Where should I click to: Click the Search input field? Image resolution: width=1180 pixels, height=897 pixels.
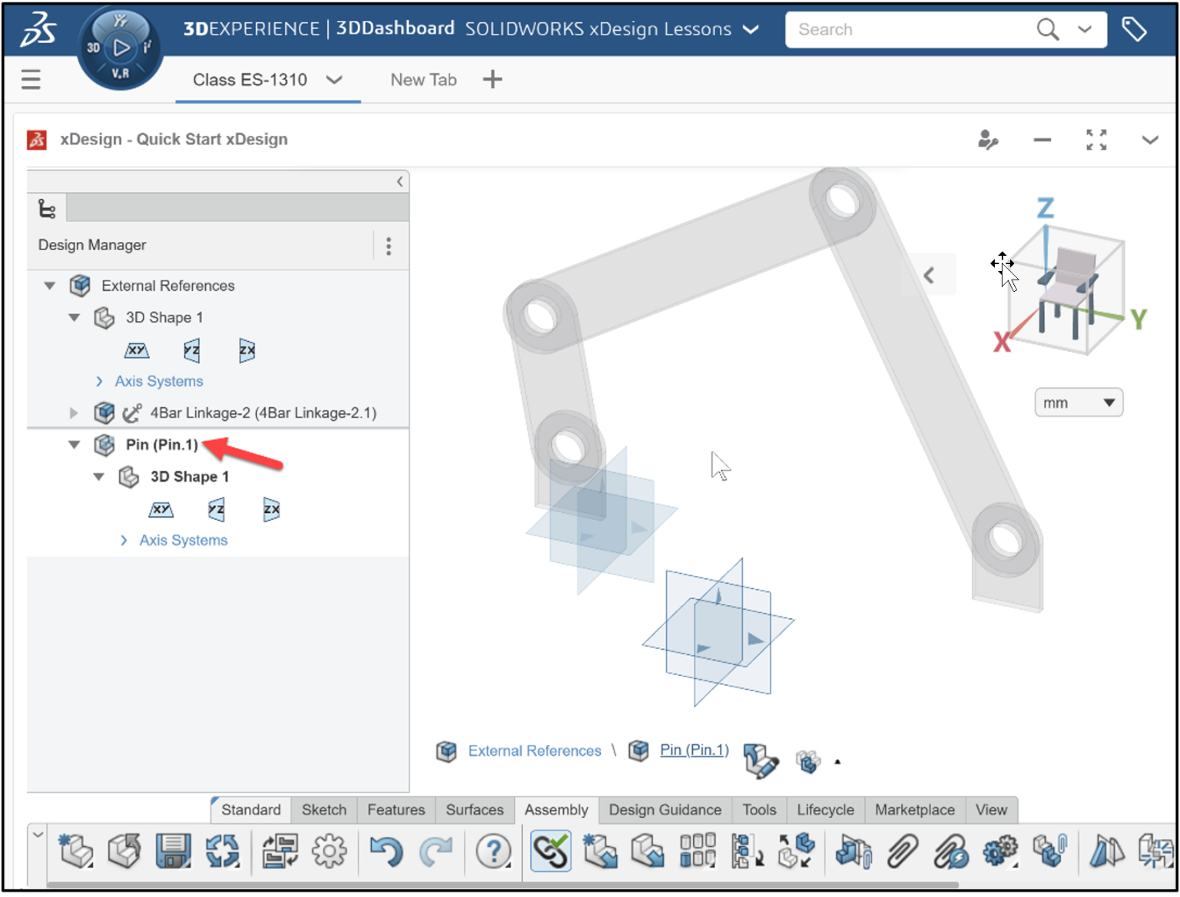tap(907, 30)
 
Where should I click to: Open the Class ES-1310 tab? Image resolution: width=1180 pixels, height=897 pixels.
tap(250, 80)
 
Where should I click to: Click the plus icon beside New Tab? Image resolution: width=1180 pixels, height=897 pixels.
tap(492, 79)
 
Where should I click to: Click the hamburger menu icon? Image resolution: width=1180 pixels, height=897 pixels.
tap(31, 79)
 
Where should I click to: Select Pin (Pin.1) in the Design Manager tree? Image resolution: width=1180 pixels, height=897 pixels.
tap(161, 445)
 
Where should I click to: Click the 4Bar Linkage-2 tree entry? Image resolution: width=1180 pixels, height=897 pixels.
tap(263, 413)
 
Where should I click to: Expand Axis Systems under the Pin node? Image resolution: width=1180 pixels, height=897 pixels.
tap(183, 541)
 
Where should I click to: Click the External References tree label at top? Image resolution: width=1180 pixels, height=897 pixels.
tap(167, 286)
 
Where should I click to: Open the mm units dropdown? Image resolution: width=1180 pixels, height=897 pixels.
tap(1078, 403)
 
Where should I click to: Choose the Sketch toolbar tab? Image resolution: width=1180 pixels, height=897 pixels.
tap(323, 809)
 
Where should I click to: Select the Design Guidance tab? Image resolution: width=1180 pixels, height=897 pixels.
tap(665, 809)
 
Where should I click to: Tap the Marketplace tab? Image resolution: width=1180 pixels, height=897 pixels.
tap(914, 809)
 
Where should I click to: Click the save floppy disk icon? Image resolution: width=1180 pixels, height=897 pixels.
tap(173, 851)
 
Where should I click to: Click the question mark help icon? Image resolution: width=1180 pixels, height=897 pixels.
tap(493, 851)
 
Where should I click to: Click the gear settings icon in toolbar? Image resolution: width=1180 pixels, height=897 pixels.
tap(330, 851)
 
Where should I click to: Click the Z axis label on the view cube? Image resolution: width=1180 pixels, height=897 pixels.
tap(1046, 208)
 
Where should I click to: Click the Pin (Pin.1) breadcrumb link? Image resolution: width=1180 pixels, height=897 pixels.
tap(694, 750)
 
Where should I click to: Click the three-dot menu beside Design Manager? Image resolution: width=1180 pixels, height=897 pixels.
tap(389, 246)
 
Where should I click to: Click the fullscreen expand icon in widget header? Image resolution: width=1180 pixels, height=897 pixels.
tap(1096, 140)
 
